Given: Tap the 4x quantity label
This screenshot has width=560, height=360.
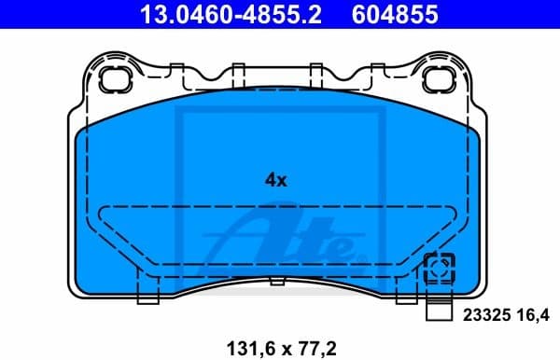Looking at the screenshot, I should coord(274,181).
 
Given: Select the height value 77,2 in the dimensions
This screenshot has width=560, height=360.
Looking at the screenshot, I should coord(315,347).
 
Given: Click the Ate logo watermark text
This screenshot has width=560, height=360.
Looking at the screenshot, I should coord(289,238).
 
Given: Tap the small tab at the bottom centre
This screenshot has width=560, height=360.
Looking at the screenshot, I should coord(276,280).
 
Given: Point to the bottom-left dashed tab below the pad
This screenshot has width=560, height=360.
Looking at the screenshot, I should coord(149,294).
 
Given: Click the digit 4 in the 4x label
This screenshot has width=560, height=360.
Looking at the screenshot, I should coord(269,181).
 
